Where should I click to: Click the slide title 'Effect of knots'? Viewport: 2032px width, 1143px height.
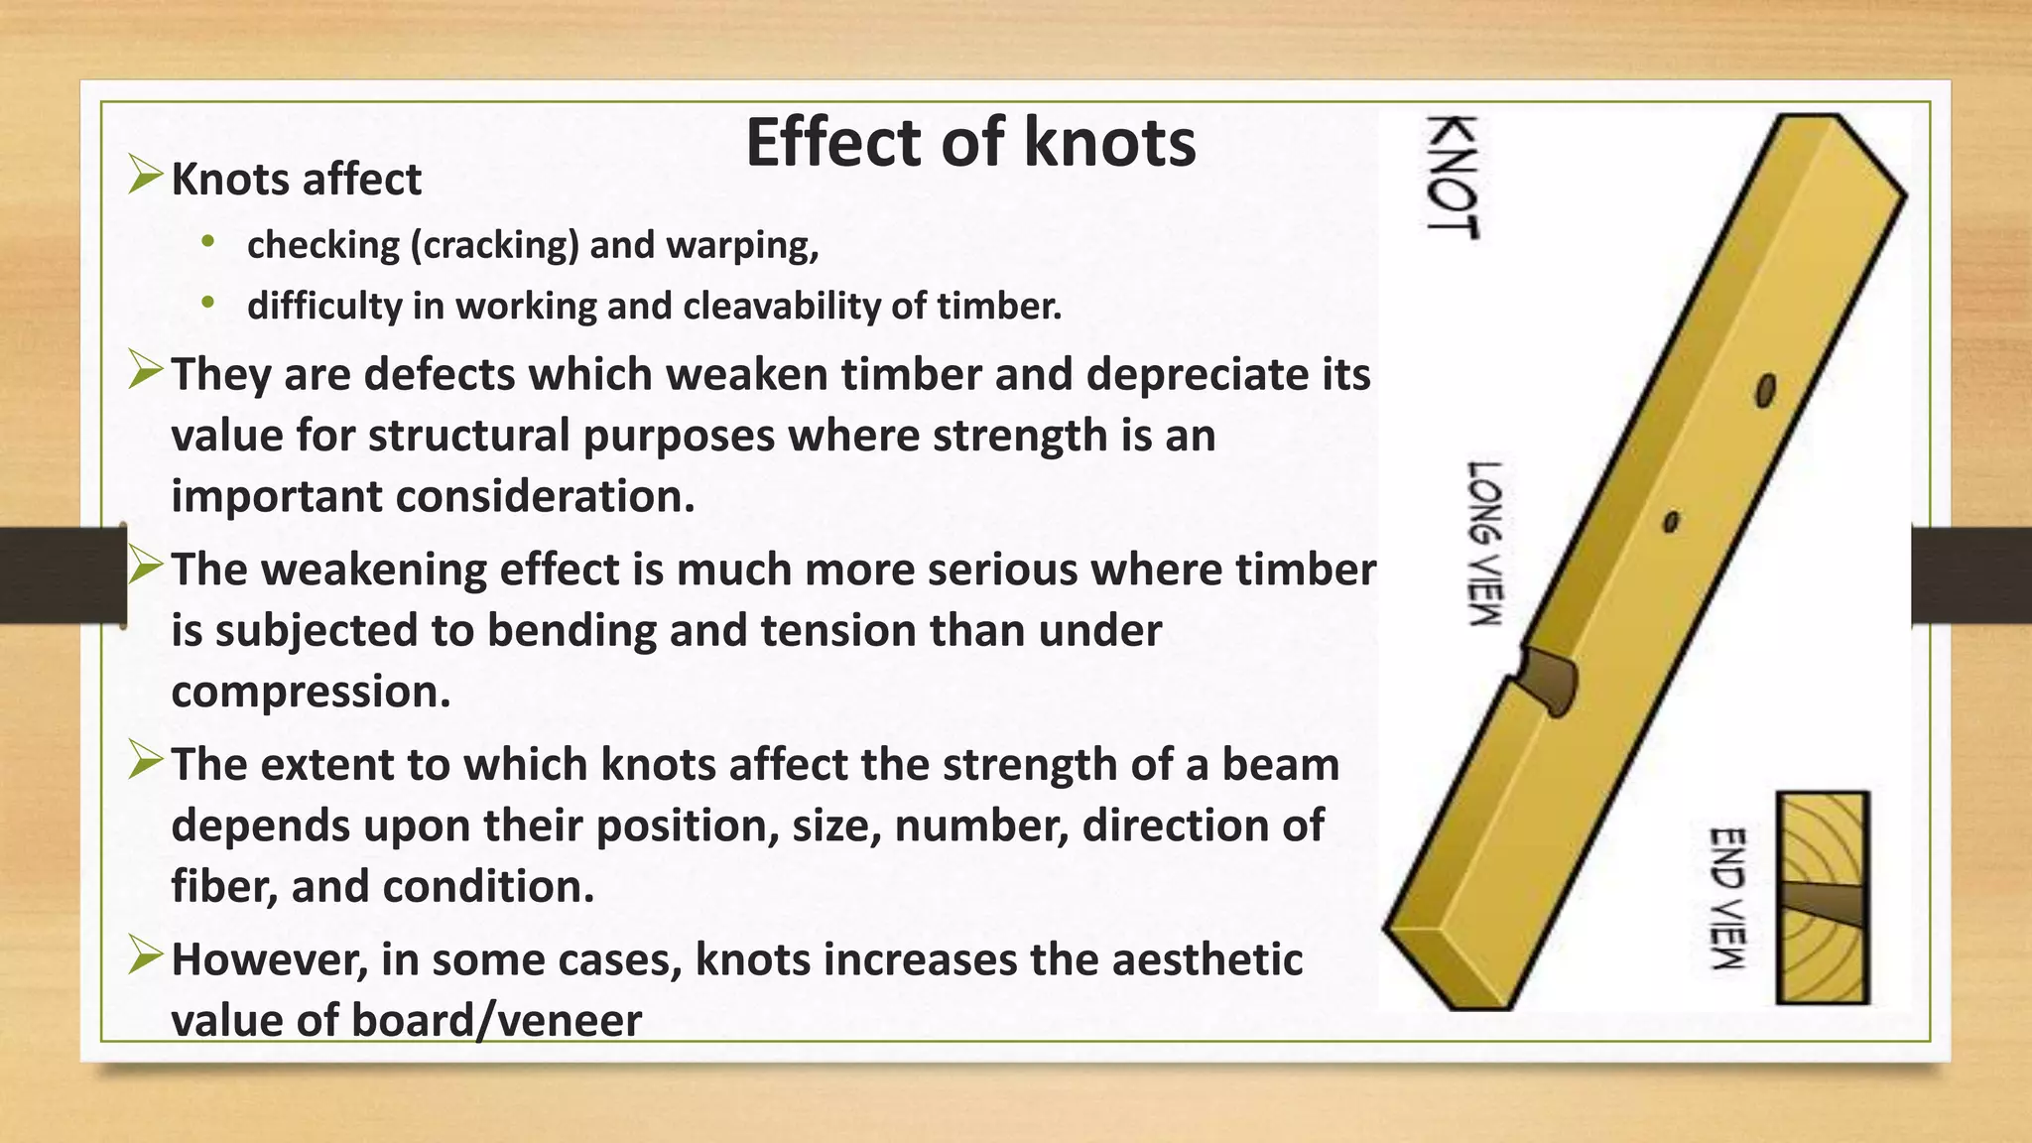click(x=970, y=142)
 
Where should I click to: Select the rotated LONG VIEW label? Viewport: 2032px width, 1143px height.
click(x=1485, y=543)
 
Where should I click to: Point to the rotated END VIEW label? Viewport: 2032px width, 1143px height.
click(x=1727, y=898)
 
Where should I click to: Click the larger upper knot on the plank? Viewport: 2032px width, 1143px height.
click(x=1765, y=391)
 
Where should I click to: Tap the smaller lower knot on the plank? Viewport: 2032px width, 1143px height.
click(x=1671, y=521)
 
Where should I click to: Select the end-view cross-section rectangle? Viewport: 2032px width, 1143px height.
click(x=1823, y=897)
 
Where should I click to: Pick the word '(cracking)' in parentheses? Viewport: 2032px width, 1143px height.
click(x=494, y=245)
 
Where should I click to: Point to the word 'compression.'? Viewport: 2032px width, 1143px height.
click(x=311, y=692)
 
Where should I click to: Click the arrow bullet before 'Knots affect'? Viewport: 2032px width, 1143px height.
click(x=145, y=178)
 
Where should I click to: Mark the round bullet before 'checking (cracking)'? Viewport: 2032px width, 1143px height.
click(x=206, y=241)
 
